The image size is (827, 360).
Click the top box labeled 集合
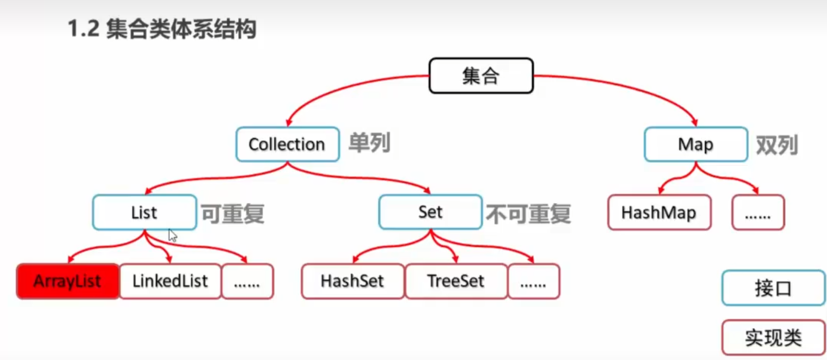481,76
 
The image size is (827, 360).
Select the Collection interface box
287,144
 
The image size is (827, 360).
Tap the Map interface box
696,144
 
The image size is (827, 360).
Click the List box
144,212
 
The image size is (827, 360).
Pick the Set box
430,212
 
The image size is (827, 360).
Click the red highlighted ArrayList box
68,281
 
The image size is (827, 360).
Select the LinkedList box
170,281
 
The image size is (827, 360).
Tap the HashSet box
352,281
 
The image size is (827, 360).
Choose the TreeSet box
456,281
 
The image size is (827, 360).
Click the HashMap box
659,212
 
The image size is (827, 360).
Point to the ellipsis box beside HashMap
757,212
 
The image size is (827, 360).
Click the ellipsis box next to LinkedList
247,281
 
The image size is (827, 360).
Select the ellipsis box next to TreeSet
533,281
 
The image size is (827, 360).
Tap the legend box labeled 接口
773,288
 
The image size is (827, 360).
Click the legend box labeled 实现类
773,337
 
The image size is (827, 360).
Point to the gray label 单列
369,143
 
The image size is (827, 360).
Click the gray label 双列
777,145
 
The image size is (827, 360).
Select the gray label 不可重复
528,214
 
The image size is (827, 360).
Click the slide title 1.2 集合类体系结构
162,29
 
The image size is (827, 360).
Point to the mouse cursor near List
172,235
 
